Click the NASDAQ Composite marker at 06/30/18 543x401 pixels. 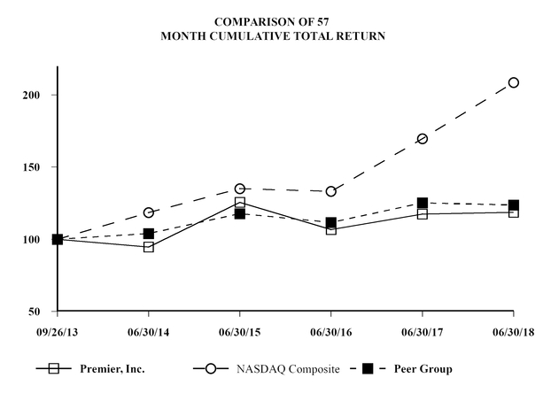click(514, 82)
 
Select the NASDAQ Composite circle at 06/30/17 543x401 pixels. click(423, 139)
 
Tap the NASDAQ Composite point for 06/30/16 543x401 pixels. click(331, 191)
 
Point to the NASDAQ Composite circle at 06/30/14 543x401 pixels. click(149, 212)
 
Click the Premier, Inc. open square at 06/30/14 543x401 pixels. click(149, 247)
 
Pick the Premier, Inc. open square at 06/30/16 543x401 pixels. click(331, 229)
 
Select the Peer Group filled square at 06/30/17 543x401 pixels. click(423, 203)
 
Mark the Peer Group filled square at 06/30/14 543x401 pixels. click(149, 234)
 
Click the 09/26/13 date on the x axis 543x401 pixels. click(57, 333)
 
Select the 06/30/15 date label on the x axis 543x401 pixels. click(239, 333)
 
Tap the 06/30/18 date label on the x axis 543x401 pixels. click(514, 333)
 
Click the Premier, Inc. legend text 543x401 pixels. click(113, 369)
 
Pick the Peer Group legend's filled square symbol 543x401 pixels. click(368, 369)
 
